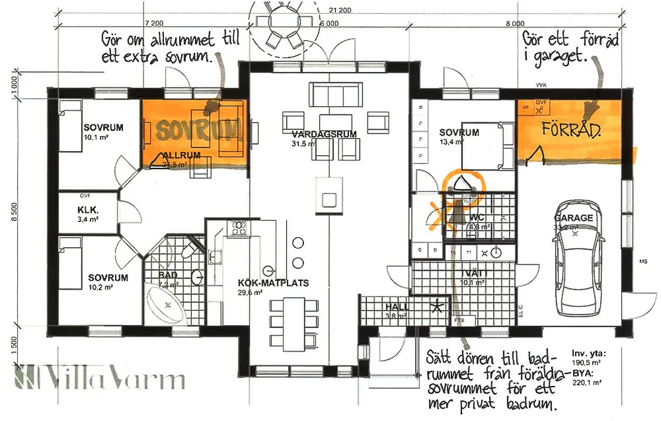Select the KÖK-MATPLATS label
264,283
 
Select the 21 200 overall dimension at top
338,10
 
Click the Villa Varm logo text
99,380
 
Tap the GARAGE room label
573,217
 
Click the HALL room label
397,307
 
